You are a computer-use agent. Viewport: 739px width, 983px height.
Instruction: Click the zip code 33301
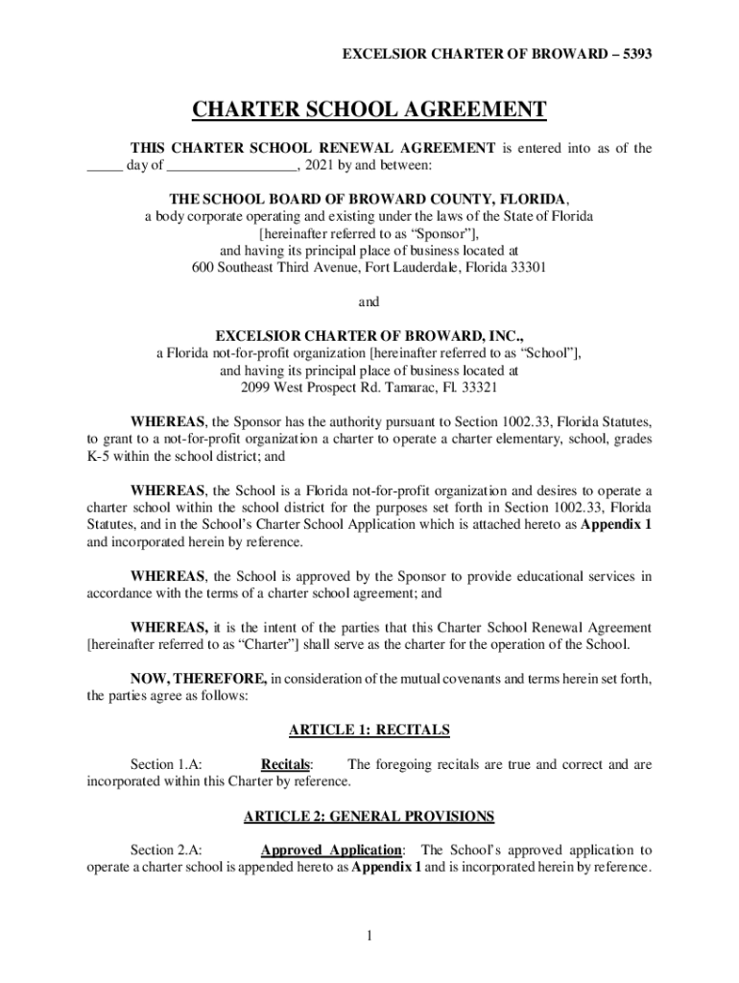(x=528, y=268)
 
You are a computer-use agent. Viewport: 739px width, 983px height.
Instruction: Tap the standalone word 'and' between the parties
(x=369, y=302)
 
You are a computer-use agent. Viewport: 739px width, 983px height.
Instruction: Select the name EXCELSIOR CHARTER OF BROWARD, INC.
(x=369, y=337)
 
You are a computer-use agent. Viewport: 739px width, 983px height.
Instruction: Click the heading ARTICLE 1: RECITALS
(x=369, y=731)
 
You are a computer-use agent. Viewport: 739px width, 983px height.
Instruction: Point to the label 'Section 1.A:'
(x=166, y=765)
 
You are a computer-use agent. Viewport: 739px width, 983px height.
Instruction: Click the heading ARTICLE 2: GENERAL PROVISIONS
(x=369, y=817)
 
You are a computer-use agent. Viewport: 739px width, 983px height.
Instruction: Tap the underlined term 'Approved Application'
(x=331, y=851)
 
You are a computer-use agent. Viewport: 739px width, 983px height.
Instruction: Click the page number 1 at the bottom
(x=369, y=937)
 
